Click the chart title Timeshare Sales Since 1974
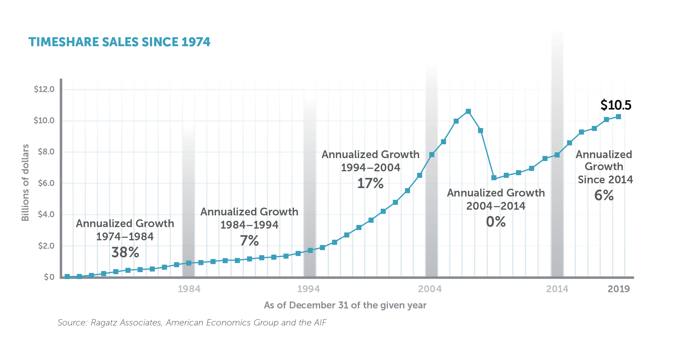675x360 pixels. click(119, 42)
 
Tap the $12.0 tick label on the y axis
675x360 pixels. click(44, 89)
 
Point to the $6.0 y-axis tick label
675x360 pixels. click(46, 183)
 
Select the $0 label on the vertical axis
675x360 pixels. click(49, 277)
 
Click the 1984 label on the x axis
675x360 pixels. click(189, 289)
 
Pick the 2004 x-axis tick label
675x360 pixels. click(430, 289)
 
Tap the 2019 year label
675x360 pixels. click(619, 289)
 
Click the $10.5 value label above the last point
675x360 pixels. click(616, 105)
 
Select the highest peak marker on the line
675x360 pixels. click(468, 112)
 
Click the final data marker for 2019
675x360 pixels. click(618, 117)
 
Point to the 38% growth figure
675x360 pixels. click(125, 252)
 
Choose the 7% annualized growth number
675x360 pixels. click(249, 241)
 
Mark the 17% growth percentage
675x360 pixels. click(370, 183)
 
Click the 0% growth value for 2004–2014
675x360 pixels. click(496, 222)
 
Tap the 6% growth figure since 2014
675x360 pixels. click(604, 195)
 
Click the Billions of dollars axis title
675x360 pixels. click(25, 182)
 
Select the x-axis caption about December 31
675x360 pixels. click(345, 305)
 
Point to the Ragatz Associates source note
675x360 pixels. click(192, 322)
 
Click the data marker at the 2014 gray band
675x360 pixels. click(557, 155)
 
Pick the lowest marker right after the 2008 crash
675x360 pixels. click(494, 178)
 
